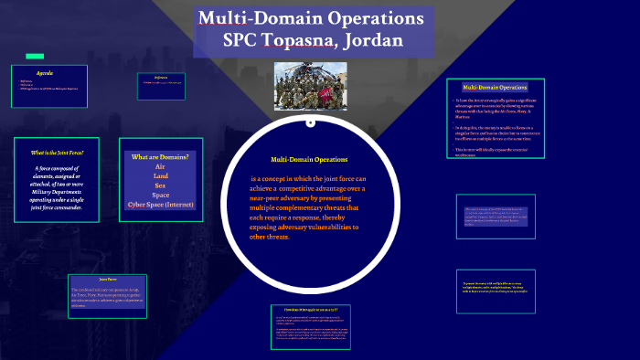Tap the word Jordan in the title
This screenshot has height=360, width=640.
(370, 41)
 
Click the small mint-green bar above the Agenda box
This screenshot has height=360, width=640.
(35, 56)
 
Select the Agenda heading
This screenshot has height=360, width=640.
(45, 72)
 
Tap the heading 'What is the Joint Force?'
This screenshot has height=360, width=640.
(58, 153)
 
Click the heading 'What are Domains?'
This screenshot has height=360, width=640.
(160, 157)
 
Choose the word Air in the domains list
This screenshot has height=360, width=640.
(160, 167)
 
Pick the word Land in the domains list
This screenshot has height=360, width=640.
(160, 176)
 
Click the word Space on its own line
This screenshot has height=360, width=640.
(160, 195)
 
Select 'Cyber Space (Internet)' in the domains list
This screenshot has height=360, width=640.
(160, 204)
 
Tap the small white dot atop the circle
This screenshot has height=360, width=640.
(311, 122)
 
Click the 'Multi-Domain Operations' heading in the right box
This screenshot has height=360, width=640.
(495, 87)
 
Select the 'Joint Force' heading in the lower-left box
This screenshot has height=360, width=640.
(108, 279)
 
